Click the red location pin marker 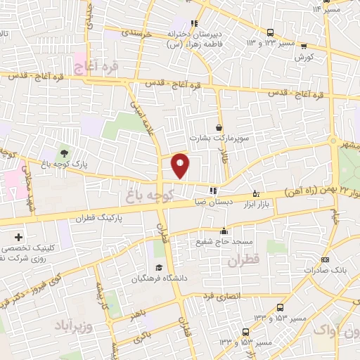pos(181,165)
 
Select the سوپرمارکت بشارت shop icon pos(220,127)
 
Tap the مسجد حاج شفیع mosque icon pos(224,231)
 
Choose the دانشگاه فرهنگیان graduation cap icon pos(159,268)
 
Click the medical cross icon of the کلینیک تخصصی pos(18,237)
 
